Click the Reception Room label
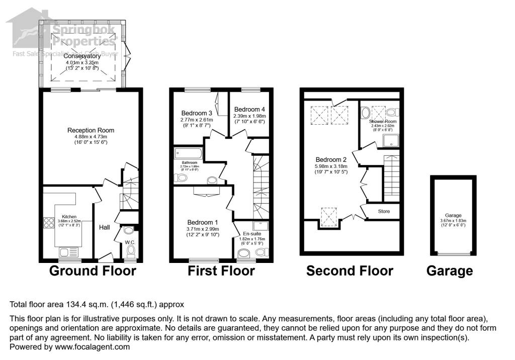tap(88, 130)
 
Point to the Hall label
tap(104, 227)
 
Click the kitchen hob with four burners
tap(49, 223)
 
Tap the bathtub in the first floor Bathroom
tap(188, 153)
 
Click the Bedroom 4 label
tap(249, 109)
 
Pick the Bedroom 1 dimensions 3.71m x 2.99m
tap(203, 229)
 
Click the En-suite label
tap(252, 234)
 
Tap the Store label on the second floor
tap(384, 211)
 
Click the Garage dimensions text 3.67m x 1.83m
tap(452, 220)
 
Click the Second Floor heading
tap(350, 272)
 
